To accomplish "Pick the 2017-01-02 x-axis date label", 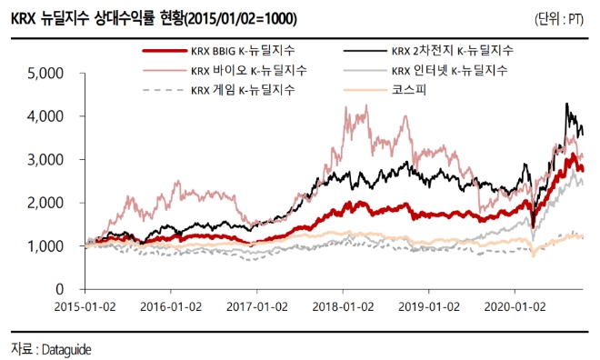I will (259, 306).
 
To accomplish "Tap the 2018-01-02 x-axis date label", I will (344, 306).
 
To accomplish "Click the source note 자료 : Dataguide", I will (52, 348).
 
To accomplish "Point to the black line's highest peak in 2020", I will (567, 104).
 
